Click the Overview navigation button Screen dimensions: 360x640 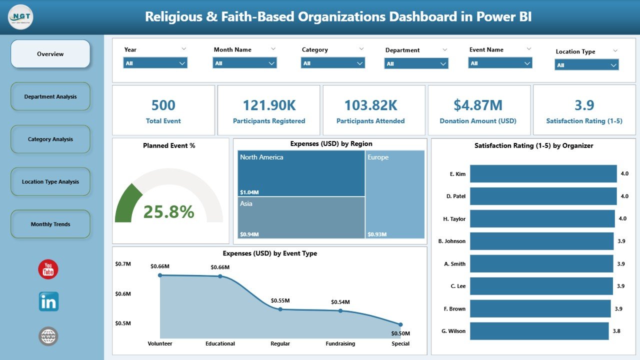pos(50,54)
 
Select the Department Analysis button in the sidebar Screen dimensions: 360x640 pos(50,96)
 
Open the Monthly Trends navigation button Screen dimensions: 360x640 pos(50,224)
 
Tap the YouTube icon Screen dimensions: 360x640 pos(48,269)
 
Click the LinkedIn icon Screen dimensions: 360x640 pos(48,302)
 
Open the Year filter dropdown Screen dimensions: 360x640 pos(155,63)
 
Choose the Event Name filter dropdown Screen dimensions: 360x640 pos(500,63)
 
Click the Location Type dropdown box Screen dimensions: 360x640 pos(586,65)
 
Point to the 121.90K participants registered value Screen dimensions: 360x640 pos(269,105)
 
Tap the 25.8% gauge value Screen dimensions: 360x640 pos(168,212)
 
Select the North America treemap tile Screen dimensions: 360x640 pos(301,173)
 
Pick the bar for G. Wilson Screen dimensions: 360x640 pos(539,331)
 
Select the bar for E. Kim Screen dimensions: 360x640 pos(543,174)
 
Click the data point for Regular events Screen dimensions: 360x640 pos(280,309)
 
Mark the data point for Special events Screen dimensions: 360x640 pos(400,324)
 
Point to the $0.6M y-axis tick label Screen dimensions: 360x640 pos(123,293)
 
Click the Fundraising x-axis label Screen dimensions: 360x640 pos(340,343)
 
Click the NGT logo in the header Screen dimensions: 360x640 pos(21,17)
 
